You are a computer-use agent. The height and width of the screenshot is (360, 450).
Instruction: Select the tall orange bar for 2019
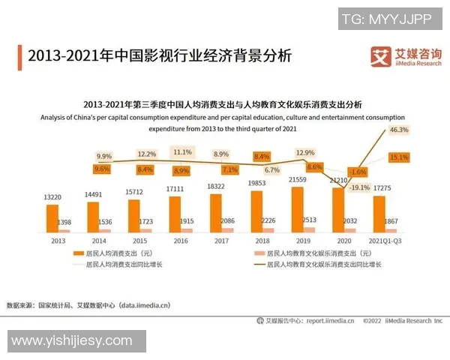tap(296, 209)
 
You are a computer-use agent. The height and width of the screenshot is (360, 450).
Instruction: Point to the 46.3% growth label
tap(399, 130)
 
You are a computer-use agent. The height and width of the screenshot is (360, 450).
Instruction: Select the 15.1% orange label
tap(399, 157)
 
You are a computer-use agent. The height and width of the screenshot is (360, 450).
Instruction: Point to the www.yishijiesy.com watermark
tap(72, 341)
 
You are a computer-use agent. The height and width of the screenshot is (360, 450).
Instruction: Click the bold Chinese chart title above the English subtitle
tap(222, 104)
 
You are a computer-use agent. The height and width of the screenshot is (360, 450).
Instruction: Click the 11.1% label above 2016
tap(182, 151)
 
